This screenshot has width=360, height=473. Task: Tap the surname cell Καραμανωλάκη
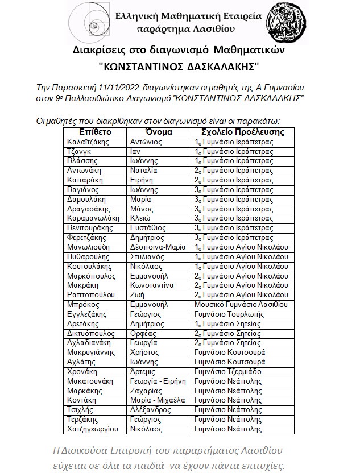(93, 218)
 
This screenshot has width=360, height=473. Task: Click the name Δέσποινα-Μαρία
(155, 247)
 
